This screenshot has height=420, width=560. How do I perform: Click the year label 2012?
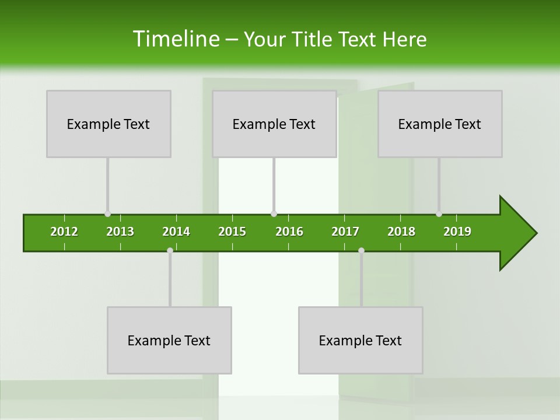pos(64,232)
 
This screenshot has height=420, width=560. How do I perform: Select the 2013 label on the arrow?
pos(120,232)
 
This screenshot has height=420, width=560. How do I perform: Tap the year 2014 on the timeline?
pos(176,232)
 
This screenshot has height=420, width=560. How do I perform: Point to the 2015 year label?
pos(232,232)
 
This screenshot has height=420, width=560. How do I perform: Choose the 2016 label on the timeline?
pos(289,232)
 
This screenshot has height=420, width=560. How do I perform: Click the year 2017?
pos(345,232)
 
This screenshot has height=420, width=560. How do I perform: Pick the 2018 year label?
pos(401,232)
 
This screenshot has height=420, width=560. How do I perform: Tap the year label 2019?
pos(457,232)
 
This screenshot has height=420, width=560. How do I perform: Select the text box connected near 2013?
pos(108,124)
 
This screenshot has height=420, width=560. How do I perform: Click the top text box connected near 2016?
pos(274,124)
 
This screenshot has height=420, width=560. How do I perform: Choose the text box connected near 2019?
pos(440,124)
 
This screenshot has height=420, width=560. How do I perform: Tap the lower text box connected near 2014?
pos(169,340)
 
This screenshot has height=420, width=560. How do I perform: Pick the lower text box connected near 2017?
pos(360,340)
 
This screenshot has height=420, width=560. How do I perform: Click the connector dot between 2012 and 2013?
pos(107,214)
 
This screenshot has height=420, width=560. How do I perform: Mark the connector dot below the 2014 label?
pos(170,250)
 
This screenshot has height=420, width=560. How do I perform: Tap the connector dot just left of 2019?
pos(439,214)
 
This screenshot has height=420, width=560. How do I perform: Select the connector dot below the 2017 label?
pos(361,250)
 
